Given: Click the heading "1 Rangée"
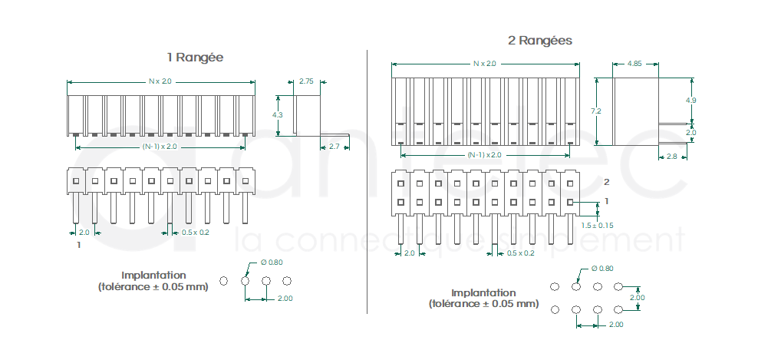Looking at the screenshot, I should coord(195,58).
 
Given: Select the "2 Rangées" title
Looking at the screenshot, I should coord(539,40).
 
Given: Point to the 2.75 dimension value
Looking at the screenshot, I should coord(306,81).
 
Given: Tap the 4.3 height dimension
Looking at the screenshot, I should coord(277,114).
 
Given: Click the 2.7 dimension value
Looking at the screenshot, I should coord(334,146).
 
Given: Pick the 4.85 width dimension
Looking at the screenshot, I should coord(634,64).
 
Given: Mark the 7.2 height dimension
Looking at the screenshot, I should coord(595,111).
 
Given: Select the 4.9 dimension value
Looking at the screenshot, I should coord(690,101).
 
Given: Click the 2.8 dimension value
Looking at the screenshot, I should coord(671,157).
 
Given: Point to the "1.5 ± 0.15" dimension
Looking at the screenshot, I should coord(597,225).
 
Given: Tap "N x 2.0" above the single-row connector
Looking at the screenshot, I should coord(160,81).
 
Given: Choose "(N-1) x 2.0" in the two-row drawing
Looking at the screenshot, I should coord(484,155).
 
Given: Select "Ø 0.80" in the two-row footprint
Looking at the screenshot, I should coord(602,269).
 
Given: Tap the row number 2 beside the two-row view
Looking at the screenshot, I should coord(607,182).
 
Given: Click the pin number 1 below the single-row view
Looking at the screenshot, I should coord(78,245).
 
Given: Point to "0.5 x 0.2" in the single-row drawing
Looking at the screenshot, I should coord(195,232).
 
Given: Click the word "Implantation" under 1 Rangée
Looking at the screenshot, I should coord(153,275).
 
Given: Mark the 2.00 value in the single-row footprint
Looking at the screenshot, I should coord(285,298).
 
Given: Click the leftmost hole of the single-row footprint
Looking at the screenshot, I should coord(223,281).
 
